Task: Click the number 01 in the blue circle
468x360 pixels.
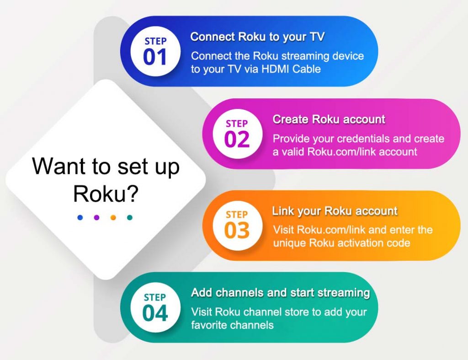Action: (155, 57)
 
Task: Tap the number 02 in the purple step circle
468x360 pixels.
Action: (237, 140)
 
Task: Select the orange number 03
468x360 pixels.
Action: (237, 231)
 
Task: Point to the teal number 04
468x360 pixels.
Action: (155, 313)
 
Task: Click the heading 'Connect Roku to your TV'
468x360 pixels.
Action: (257, 37)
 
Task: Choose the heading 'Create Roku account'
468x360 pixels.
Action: (329, 120)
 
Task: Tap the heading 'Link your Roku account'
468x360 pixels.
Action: (335, 211)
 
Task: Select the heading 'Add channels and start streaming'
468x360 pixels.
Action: (280, 293)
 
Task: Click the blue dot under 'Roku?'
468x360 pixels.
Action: (80, 217)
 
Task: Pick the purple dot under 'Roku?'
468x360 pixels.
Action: (96, 217)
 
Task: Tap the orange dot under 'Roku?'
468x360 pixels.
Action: (113, 217)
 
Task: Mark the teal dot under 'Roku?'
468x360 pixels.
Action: (129, 217)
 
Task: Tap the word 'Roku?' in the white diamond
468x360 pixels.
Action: (106, 194)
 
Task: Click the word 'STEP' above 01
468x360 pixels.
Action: (155, 41)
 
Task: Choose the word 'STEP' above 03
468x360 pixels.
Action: (237, 215)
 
